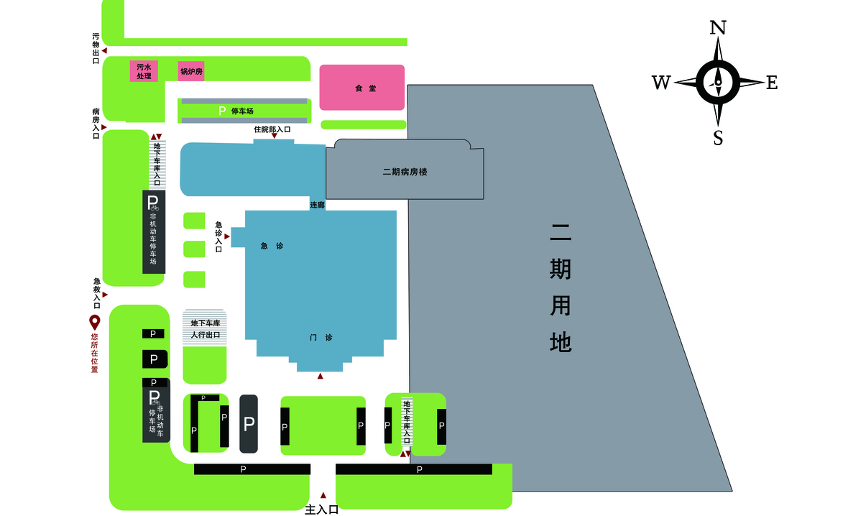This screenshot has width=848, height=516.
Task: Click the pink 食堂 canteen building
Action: (361, 88)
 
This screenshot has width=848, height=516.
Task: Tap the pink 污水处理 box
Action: (144, 71)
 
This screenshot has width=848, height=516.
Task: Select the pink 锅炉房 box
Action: (191, 71)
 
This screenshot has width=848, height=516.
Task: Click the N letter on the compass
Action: (717, 28)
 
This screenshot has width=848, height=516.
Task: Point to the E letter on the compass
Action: (772, 83)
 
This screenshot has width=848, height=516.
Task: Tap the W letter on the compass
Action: (661, 83)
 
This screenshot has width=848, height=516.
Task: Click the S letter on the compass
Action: (718, 137)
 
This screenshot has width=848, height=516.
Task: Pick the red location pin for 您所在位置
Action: (94, 321)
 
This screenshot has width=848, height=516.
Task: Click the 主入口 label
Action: (321, 509)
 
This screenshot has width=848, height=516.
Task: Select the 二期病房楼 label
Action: (405, 172)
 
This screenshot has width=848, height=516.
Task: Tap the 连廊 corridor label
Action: (317, 206)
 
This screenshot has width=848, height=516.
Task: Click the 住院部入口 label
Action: (272, 129)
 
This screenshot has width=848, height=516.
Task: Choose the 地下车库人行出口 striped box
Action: (205, 328)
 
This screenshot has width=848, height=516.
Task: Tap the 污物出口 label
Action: (96, 48)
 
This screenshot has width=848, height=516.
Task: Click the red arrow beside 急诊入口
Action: (227, 236)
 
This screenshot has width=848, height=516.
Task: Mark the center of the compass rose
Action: (717, 82)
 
